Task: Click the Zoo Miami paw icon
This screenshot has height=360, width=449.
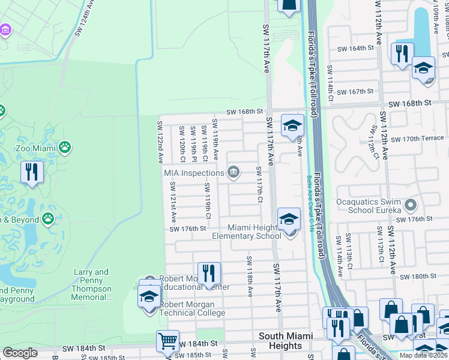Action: (65, 146)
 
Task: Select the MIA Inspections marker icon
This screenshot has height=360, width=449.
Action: (233, 173)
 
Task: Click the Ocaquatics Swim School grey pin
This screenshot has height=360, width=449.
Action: (411, 206)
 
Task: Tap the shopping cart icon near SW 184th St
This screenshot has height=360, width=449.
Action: (168, 340)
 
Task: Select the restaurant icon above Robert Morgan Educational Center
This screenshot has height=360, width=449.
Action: (209, 272)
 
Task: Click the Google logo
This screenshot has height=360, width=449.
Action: (20, 353)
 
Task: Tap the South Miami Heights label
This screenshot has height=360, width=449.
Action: (280, 341)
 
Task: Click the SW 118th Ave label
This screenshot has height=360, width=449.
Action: (249, 276)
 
